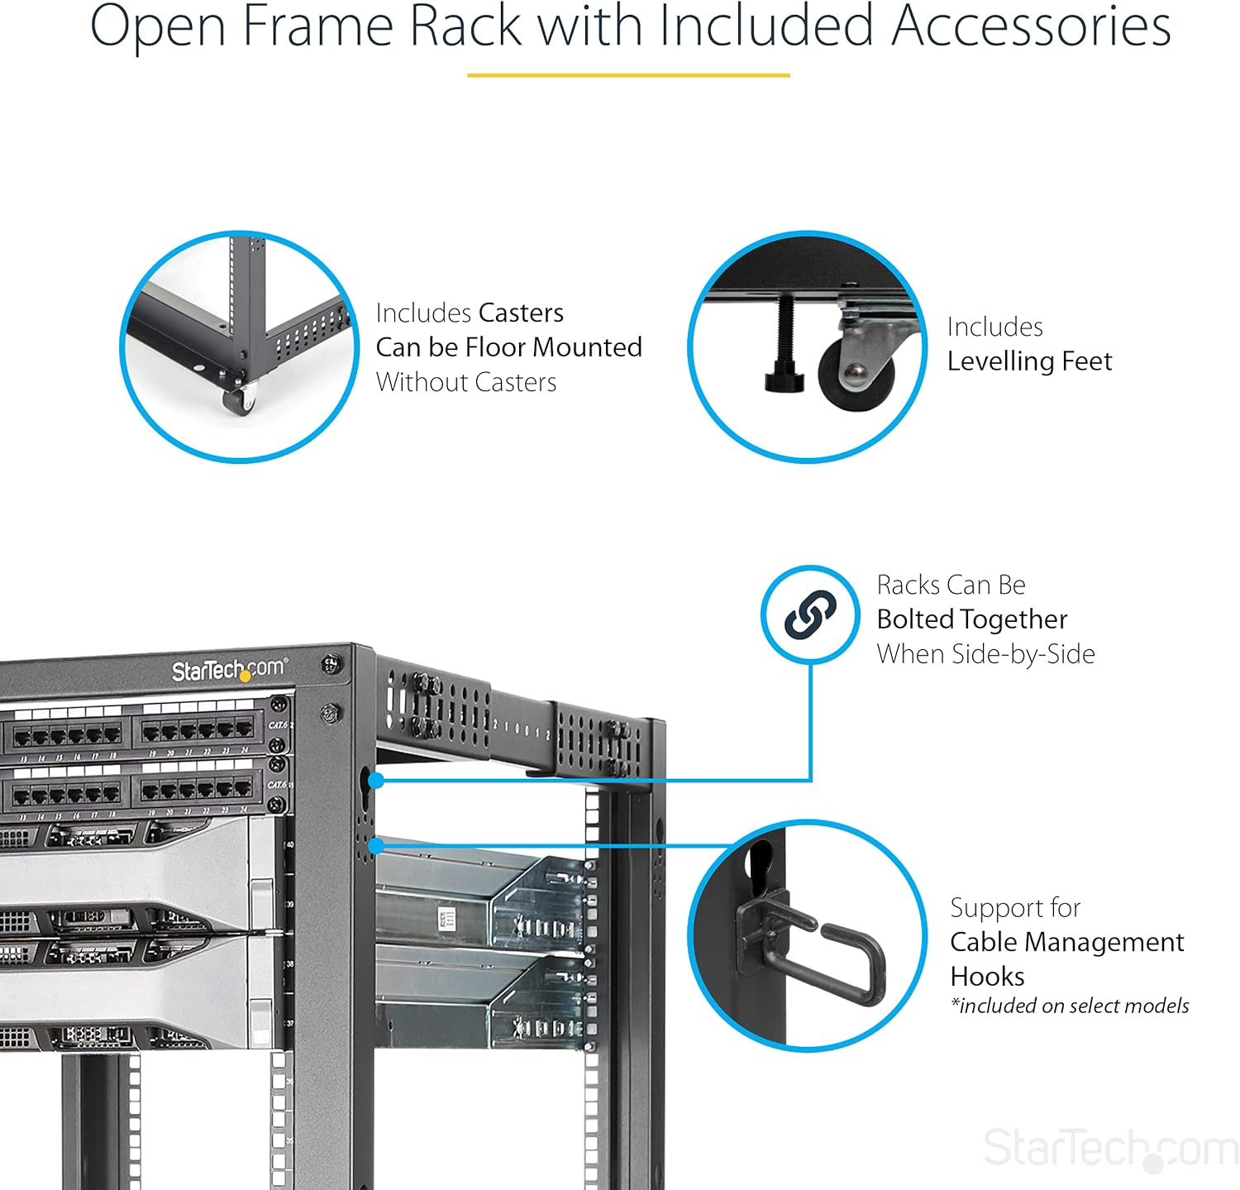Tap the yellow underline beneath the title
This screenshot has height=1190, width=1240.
pos(628,75)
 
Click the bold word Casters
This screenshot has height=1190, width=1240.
pos(521,313)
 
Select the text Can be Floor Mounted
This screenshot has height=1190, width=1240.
pos(508,347)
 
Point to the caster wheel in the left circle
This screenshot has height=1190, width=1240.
pos(238,402)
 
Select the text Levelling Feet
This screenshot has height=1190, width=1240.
pos(1029,361)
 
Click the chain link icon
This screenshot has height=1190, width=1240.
pos(810,614)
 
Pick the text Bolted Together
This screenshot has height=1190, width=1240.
pos(971,619)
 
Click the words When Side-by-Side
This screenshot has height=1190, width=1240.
pos(985,654)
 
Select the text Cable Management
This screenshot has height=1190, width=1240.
pos(1066,942)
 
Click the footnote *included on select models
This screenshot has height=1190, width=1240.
pos(1070,1006)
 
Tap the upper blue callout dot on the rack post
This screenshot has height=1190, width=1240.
pos(375,780)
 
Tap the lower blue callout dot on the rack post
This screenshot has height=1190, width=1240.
pos(375,845)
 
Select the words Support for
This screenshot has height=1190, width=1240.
pos(1015,908)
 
